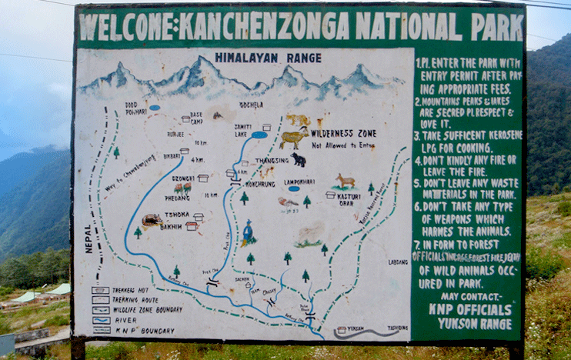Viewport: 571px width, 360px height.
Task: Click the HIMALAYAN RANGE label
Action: [257, 57]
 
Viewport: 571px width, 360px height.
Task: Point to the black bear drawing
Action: [299, 160]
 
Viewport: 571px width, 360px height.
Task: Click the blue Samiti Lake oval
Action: [259, 135]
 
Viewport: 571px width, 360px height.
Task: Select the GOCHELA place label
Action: [251, 105]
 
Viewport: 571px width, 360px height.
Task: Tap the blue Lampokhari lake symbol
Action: [294, 188]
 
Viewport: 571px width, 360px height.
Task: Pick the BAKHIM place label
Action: [171, 227]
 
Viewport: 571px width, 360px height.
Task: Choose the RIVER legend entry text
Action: [122, 319]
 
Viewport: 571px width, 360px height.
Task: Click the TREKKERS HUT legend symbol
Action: [100, 291]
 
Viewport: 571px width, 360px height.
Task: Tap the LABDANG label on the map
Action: [398, 262]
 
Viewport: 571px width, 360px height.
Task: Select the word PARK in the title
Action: [497, 26]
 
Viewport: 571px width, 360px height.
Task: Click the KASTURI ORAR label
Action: [349, 200]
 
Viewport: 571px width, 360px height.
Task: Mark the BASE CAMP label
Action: [196, 117]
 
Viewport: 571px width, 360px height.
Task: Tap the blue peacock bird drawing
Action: [248, 232]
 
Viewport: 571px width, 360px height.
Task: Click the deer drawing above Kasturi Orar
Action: [345, 181]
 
